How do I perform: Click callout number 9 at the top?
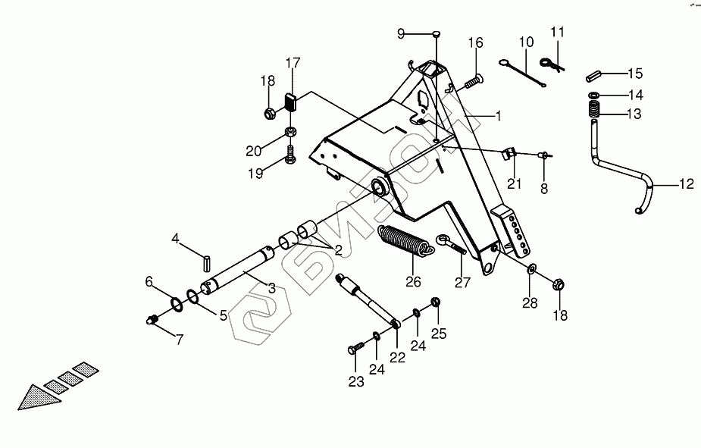click(x=402, y=33)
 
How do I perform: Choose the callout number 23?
click(x=355, y=383)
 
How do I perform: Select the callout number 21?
click(x=515, y=183)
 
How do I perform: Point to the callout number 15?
click(x=635, y=74)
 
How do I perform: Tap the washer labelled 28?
click(x=532, y=269)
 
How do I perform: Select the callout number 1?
click(x=499, y=116)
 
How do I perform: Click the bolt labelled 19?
click(x=290, y=158)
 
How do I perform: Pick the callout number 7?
click(x=180, y=340)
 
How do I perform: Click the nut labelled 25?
click(x=437, y=303)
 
